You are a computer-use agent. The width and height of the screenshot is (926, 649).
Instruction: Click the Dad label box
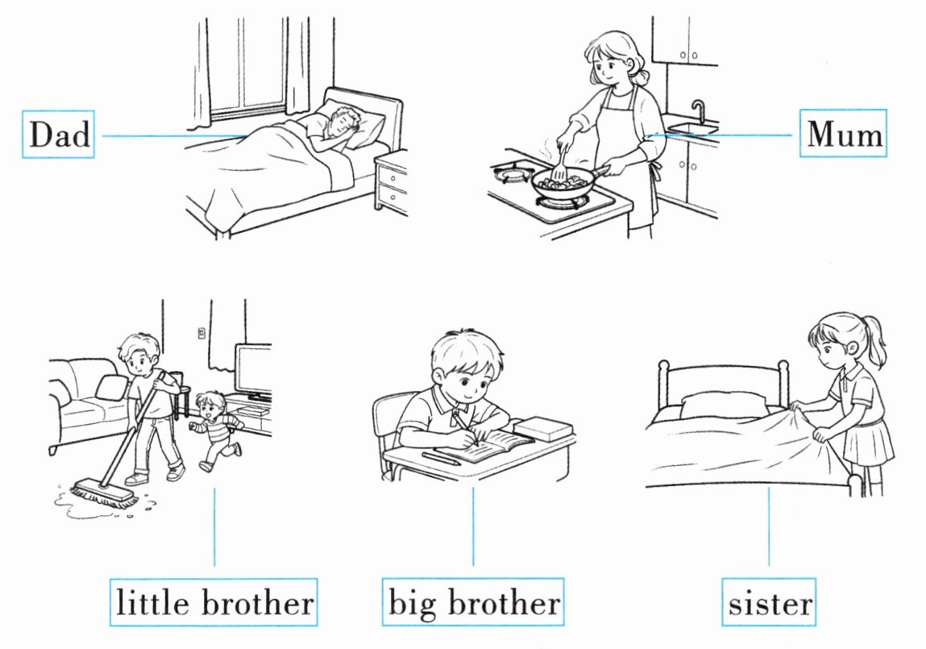click(58, 134)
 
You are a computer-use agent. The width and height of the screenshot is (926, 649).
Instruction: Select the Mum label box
click(843, 133)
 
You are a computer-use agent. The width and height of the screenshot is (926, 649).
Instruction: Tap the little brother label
click(214, 602)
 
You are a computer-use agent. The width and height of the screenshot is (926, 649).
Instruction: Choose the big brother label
click(473, 602)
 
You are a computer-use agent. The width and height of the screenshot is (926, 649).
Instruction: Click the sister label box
click(769, 602)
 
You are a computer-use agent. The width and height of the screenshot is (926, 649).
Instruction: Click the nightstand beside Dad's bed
click(391, 182)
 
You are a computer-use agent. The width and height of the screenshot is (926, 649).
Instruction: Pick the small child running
click(215, 430)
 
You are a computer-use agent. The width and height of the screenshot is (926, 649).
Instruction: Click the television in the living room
click(253, 370)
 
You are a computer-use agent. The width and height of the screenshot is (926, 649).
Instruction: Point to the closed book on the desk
click(543, 428)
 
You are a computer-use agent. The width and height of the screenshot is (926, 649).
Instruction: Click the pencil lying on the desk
click(441, 459)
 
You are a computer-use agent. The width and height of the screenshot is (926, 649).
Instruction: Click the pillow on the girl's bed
click(724, 406)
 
